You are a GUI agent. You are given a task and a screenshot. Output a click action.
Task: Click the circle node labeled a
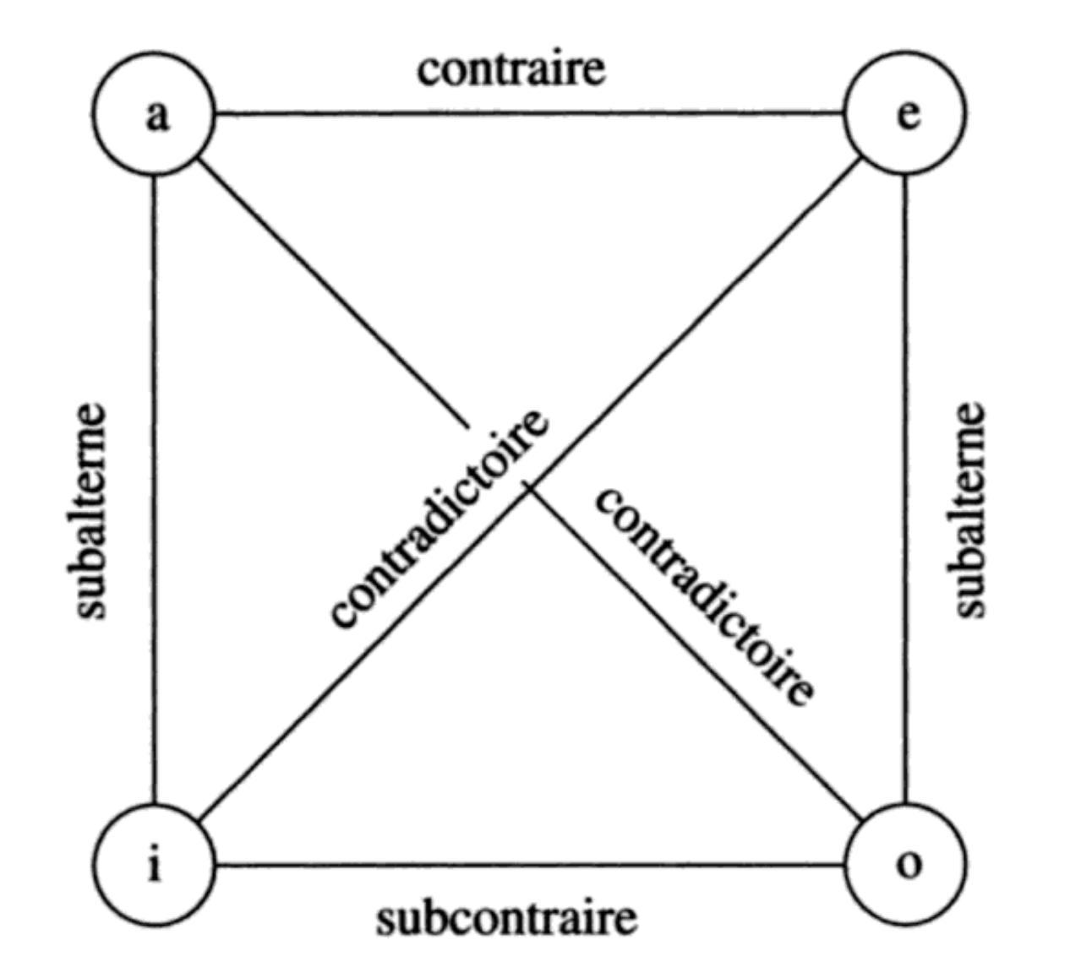(155, 113)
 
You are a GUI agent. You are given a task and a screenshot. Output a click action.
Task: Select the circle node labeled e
(905, 113)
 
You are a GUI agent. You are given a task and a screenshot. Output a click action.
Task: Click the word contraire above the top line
(511, 69)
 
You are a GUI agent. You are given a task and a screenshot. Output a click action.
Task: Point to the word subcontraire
(506, 918)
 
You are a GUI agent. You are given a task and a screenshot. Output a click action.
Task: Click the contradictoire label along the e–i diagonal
(438, 519)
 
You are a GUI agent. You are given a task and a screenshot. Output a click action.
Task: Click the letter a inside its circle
(156, 115)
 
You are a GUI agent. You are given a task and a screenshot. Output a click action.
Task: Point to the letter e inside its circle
(908, 114)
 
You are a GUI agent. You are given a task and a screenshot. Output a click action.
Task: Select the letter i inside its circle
(154, 864)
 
